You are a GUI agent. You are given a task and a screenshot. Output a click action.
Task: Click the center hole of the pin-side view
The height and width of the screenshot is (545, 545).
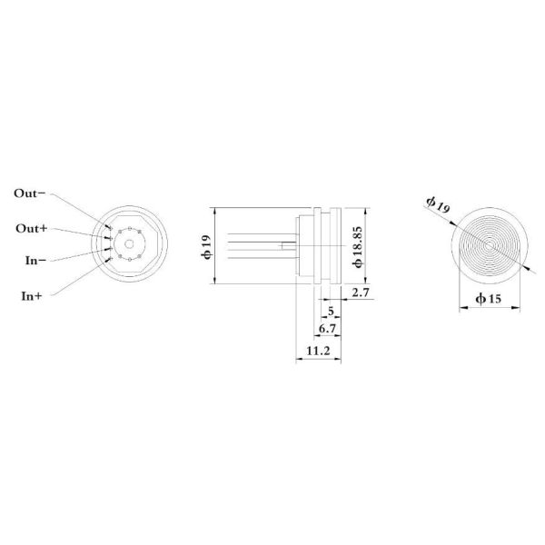tap(130, 244)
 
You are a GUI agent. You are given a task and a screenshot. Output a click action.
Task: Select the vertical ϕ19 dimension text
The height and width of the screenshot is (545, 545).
tap(206, 245)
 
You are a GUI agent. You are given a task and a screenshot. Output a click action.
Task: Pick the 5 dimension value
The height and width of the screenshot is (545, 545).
tap(330, 310)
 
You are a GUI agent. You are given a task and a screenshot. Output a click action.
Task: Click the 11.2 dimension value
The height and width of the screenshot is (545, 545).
tap(317, 350)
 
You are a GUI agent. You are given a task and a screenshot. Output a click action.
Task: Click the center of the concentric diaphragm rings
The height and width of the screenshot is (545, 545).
tap(490, 244)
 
